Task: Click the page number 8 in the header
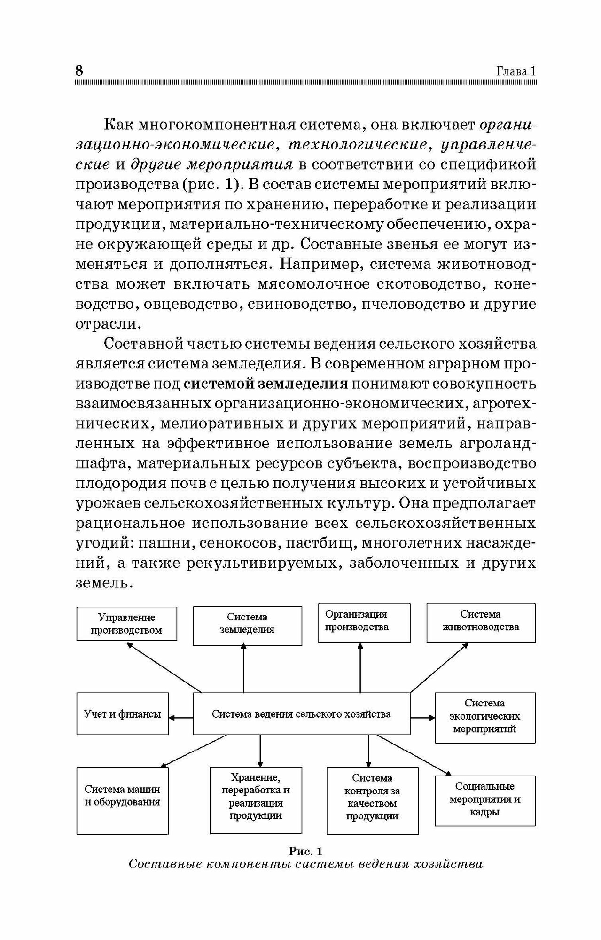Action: click(x=79, y=70)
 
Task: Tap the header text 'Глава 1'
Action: click(x=516, y=71)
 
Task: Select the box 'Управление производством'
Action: click(x=126, y=624)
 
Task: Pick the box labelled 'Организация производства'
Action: click(x=364, y=623)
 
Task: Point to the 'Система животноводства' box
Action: click(x=481, y=623)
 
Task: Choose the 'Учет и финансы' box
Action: click(x=122, y=714)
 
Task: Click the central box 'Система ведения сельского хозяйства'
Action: click(x=301, y=714)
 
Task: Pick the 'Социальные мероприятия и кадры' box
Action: click(x=485, y=800)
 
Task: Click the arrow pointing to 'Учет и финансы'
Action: click(x=181, y=717)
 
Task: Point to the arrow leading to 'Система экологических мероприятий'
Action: click(x=422, y=718)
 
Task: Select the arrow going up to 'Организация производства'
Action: click(x=360, y=667)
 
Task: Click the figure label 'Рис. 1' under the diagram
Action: click(x=305, y=851)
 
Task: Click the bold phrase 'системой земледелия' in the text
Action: click(x=265, y=384)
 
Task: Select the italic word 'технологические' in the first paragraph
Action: click(x=358, y=144)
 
